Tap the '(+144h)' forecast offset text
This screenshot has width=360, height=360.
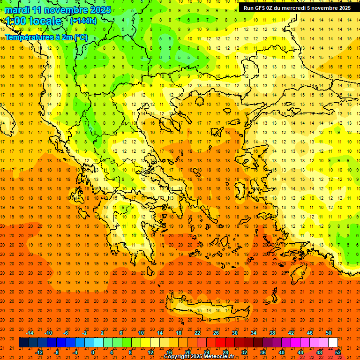coord(83,21)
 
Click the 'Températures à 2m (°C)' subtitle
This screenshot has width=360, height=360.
coord(46,37)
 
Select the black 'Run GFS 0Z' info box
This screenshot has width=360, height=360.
coord(297,8)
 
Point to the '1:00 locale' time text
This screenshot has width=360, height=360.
coord(33,21)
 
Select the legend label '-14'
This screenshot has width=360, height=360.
coord(30,333)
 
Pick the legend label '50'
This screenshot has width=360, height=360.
coord(328,333)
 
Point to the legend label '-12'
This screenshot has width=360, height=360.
coord(39,352)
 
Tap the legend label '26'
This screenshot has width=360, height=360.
coord(216,333)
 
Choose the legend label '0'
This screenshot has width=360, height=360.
coord(93,352)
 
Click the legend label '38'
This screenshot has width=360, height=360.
coord(272,333)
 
